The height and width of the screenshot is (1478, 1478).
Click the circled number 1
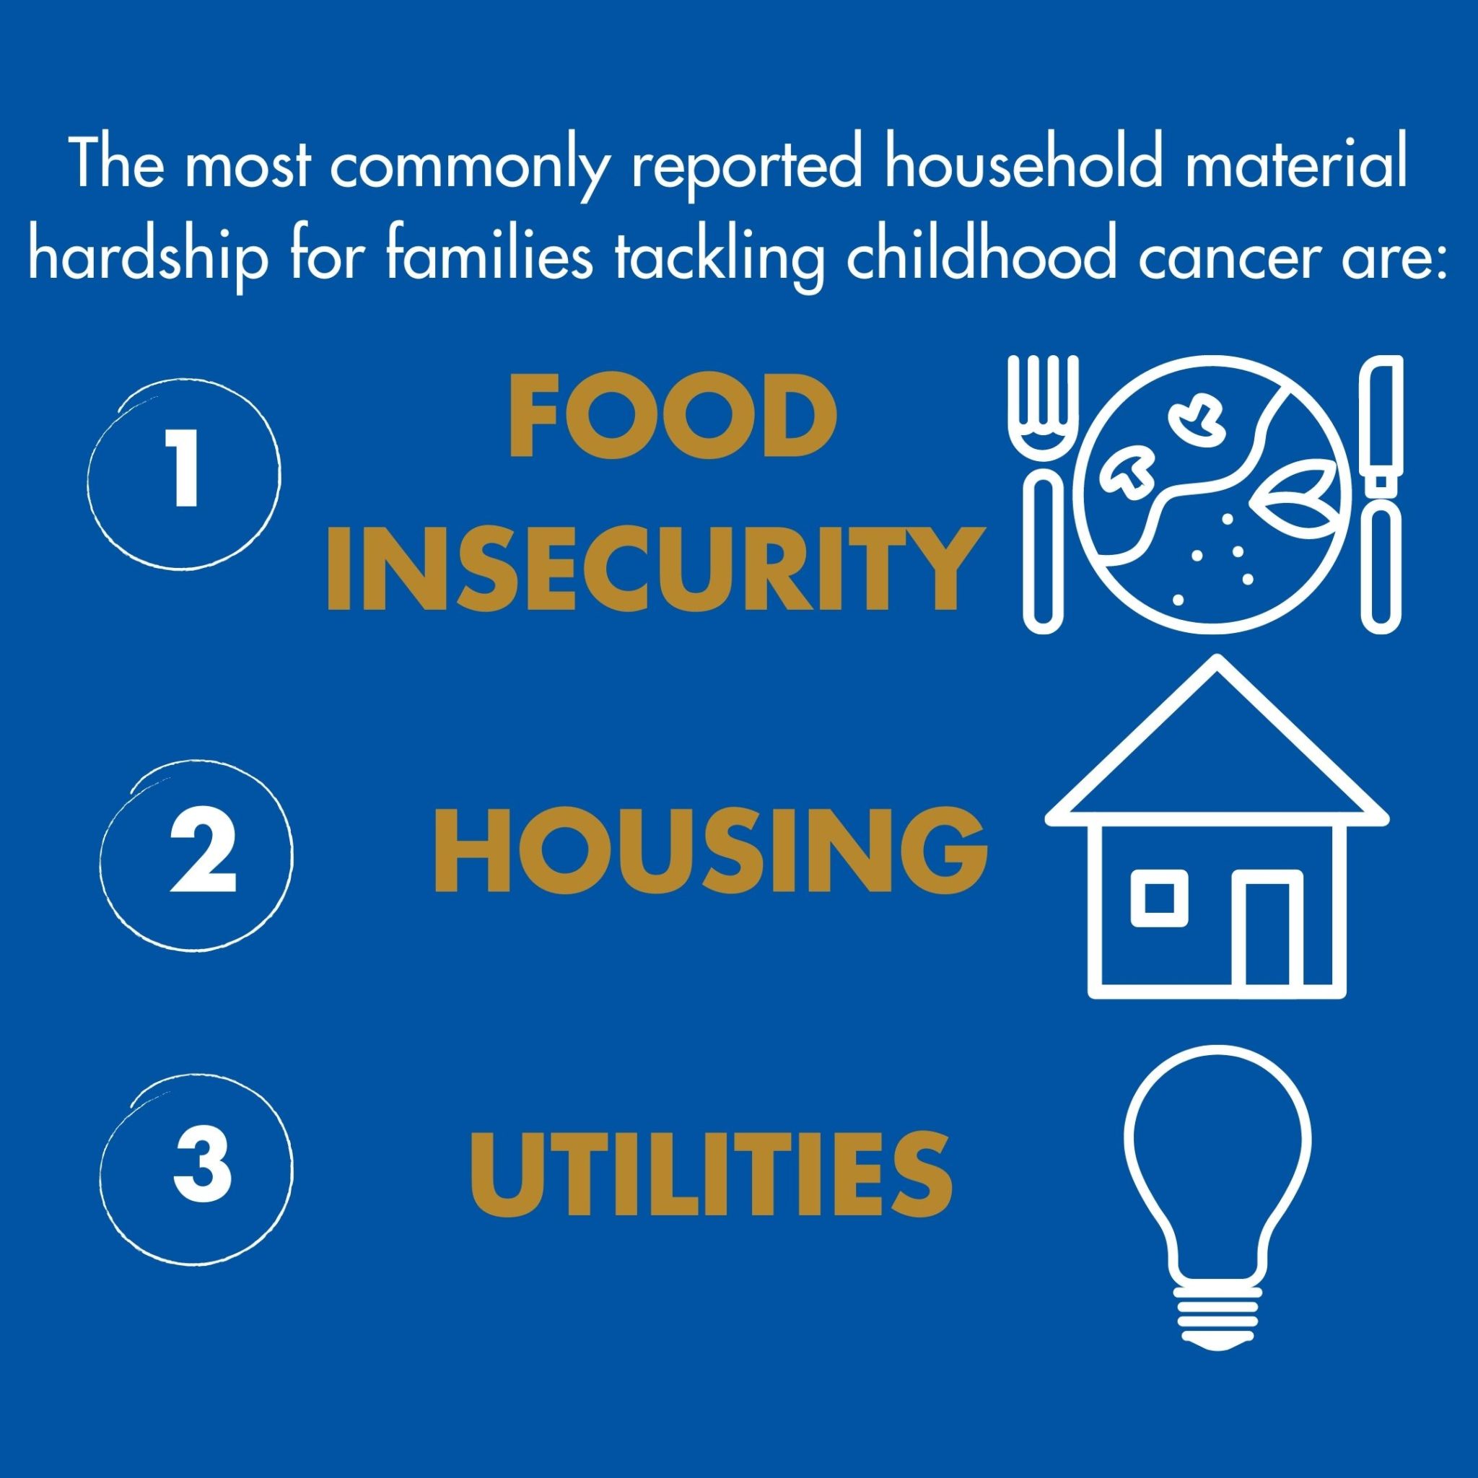pyautogui.click(x=184, y=475)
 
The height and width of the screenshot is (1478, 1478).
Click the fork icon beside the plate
pyautogui.click(x=1044, y=494)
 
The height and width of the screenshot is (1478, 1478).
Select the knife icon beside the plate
pyautogui.click(x=1381, y=494)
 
